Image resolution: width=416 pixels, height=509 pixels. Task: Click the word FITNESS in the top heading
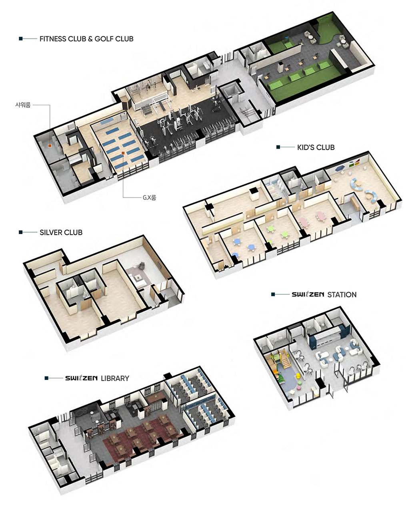pos(53,39)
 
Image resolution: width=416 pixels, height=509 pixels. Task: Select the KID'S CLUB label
pos(316,147)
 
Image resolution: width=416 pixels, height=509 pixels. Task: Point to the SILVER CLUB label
pos(61,232)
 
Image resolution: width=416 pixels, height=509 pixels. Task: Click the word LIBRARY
pos(115,378)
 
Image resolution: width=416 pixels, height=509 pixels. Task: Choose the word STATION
pos(342,295)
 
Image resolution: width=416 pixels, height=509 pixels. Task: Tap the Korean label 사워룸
pos(23,105)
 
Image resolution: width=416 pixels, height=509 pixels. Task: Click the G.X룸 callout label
pos(150,197)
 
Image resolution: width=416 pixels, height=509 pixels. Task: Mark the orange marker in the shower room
pos(50,145)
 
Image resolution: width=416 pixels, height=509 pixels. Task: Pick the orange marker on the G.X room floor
pos(123,153)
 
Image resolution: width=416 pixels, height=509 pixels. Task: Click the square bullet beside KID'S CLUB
pos(278,147)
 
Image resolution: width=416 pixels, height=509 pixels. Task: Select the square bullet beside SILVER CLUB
pos(21,232)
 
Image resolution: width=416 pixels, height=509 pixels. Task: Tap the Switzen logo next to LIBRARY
pos(81,378)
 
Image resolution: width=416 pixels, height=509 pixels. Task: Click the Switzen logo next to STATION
pos(308,294)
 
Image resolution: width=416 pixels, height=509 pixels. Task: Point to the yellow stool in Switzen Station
pos(298,376)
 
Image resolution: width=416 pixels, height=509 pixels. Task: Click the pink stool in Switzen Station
pos(299,388)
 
